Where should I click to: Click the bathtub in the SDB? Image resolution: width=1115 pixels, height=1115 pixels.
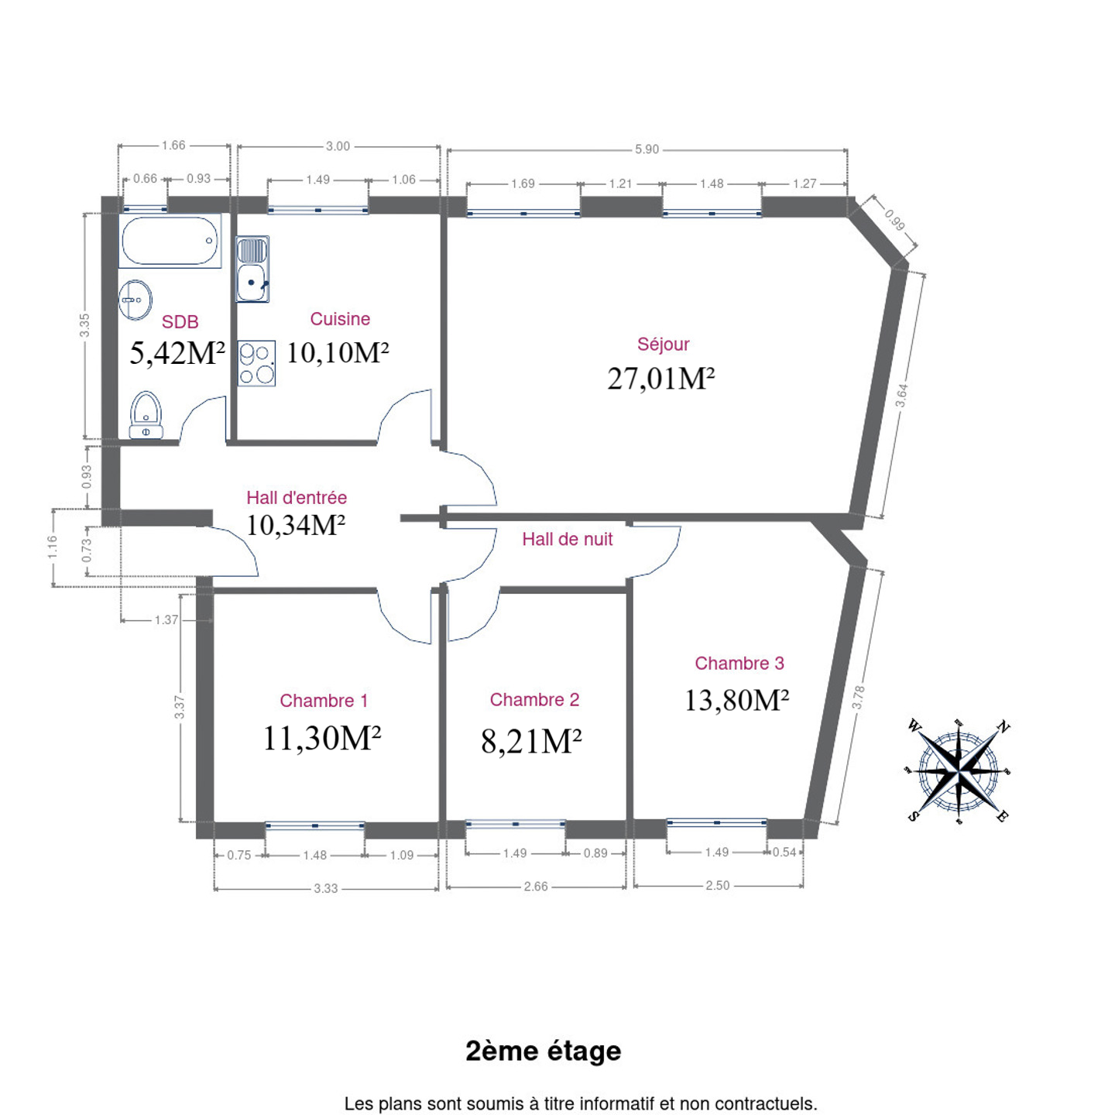pos(170,241)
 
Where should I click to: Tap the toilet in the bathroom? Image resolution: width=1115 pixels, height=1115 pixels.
pos(146,415)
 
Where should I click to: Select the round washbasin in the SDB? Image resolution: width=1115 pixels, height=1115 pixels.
pos(136,300)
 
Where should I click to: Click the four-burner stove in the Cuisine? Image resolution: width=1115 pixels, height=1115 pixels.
pos(256,363)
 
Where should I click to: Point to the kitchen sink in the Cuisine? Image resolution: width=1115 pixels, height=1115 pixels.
pos(252,269)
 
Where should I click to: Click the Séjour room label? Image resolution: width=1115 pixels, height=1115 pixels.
pos(663,345)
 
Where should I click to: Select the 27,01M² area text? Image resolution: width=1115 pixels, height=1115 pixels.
pos(660,379)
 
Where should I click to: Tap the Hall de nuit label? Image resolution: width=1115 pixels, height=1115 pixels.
pos(567,539)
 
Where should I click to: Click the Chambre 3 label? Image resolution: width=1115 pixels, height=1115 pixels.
pos(739,663)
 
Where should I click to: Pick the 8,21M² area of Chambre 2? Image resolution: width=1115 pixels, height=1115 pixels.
pos(531,741)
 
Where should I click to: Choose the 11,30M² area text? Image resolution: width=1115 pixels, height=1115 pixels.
pos(321,738)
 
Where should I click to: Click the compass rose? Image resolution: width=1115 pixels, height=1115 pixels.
pos(958,771)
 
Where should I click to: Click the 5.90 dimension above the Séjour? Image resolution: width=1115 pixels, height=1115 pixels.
pos(647,149)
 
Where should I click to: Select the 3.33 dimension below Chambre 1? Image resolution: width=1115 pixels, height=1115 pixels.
pos(326,888)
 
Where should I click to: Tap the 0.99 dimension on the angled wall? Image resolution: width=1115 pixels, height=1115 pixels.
pos(894,221)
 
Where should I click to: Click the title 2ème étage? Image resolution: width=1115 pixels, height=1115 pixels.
pos(544,1052)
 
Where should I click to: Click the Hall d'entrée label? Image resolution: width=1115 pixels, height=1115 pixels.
pos(297,498)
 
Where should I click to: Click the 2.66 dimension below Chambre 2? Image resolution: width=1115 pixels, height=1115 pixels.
pos(536,887)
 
